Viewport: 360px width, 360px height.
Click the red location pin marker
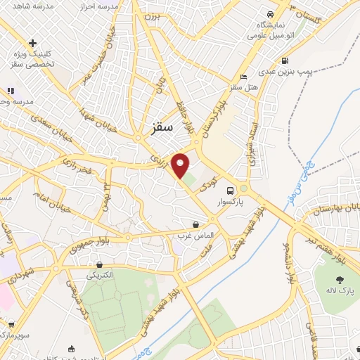pos(180,165)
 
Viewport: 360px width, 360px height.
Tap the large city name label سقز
pos(162,128)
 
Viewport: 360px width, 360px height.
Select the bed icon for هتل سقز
pos(243,77)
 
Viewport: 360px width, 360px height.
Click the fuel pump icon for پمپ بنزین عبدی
pos(284,60)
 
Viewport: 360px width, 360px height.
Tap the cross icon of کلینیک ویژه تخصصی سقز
pos(33,44)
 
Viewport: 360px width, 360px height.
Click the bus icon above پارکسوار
pos(230,191)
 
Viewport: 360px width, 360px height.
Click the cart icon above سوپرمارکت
pos(11,324)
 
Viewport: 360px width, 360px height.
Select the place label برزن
pos(152,15)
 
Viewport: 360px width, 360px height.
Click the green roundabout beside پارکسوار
pos(243,189)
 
